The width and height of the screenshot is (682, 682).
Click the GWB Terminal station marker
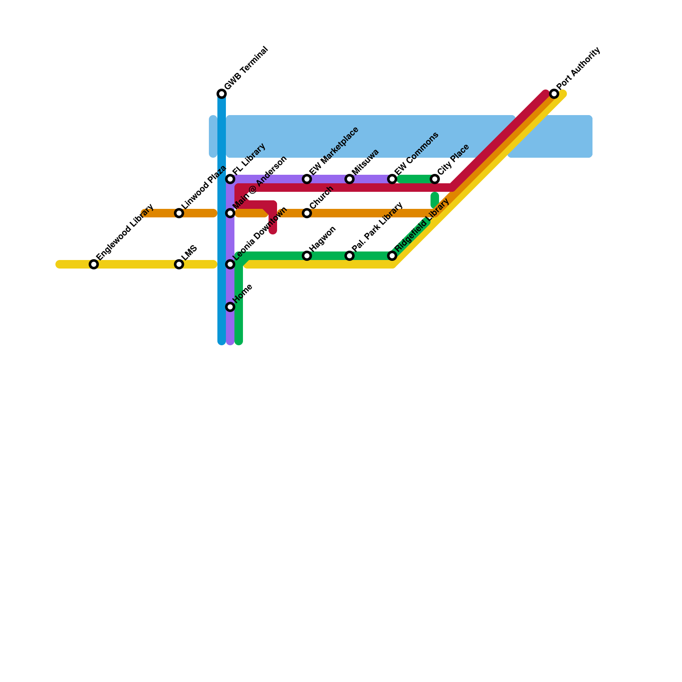(x=222, y=94)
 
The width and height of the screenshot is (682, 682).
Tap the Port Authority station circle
(x=554, y=94)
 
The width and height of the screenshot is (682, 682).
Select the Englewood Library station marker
(x=94, y=264)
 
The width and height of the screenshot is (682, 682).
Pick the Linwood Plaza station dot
(x=179, y=213)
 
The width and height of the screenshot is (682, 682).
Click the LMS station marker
(x=179, y=264)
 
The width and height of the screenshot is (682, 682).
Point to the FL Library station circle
(x=230, y=179)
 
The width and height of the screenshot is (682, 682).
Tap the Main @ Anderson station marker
(x=230, y=213)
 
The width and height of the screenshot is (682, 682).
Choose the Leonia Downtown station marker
(x=230, y=264)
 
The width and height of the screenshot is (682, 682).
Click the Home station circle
(x=230, y=307)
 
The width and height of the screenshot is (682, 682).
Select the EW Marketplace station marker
(x=307, y=179)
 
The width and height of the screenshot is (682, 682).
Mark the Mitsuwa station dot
(x=350, y=179)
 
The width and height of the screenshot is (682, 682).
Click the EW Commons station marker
(x=392, y=179)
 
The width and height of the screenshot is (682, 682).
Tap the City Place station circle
(x=435, y=179)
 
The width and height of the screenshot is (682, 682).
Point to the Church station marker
(x=307, y=213)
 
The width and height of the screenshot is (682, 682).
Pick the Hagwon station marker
(x=307, y=256)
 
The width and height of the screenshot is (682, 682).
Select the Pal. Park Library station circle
(x=350, y=256)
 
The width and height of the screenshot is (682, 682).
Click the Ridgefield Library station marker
(x=392, y=256)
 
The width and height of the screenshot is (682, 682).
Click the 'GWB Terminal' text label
(x=246, y=68)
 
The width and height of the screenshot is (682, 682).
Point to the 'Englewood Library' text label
(x=125, y=232)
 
